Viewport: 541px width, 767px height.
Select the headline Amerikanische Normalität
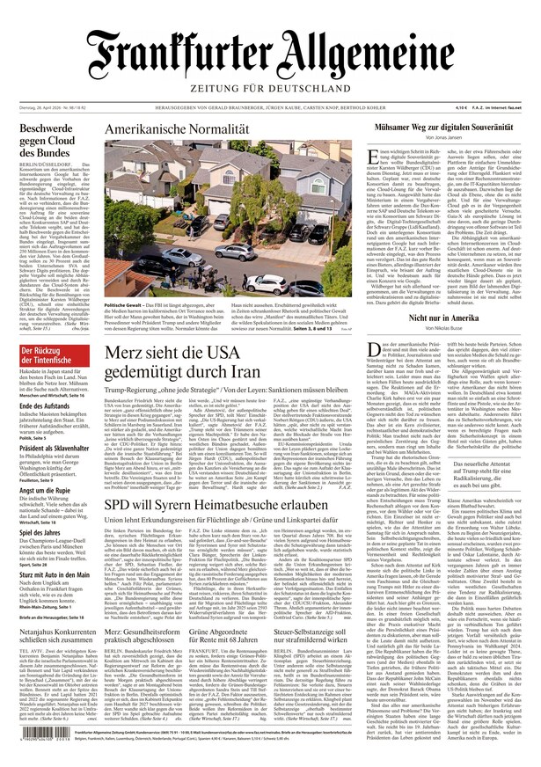177,129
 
